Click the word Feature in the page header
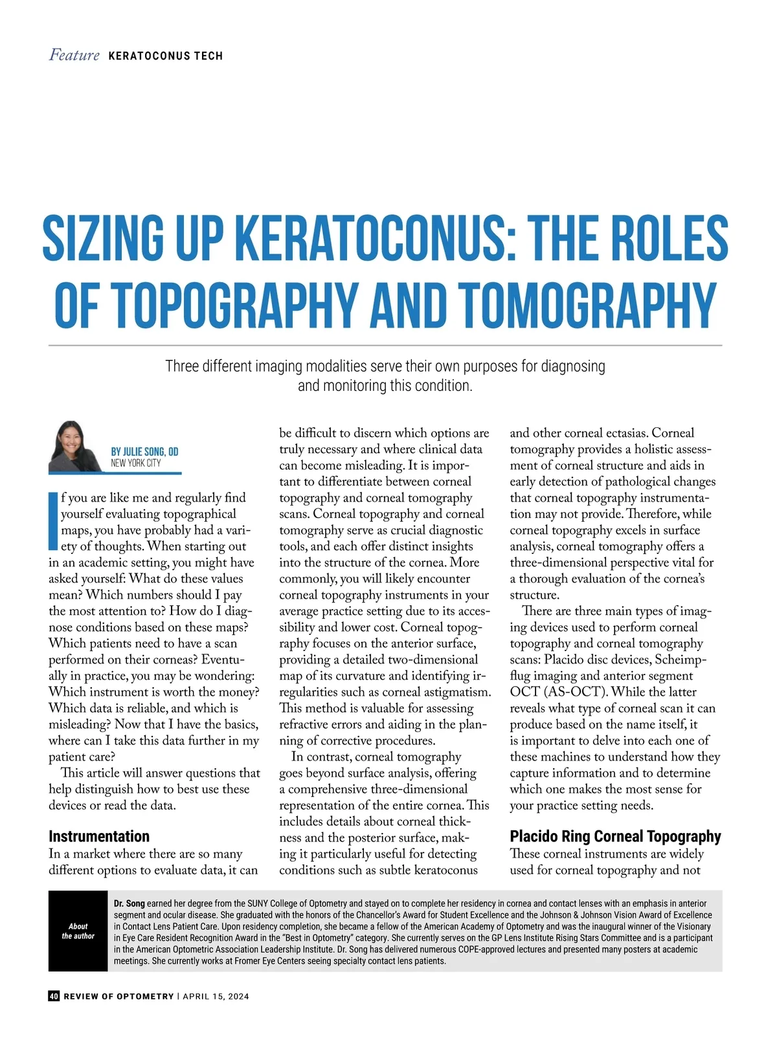pyautogui.click(x=74, y=56)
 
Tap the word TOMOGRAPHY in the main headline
pyautogui.click(x=588, y=304)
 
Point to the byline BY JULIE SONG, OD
pyautogui.click(x=144, y=452)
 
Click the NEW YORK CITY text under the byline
pyautogui.click(x=135, y=463)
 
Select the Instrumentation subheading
pyautogui.click(x=99, y=836)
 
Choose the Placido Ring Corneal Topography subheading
pyautogui.click(x=615, y=836)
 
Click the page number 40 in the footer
pyautogui.click(x=54, y=996)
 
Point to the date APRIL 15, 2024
pyautogui.click(x=216, y=996)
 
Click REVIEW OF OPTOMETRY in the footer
pyautogui.click(x=118, y=996)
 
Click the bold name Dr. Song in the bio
pyautogui.click(x=129, y=903)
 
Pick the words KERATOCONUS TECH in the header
pyautogui.click(x=166, y=56)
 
